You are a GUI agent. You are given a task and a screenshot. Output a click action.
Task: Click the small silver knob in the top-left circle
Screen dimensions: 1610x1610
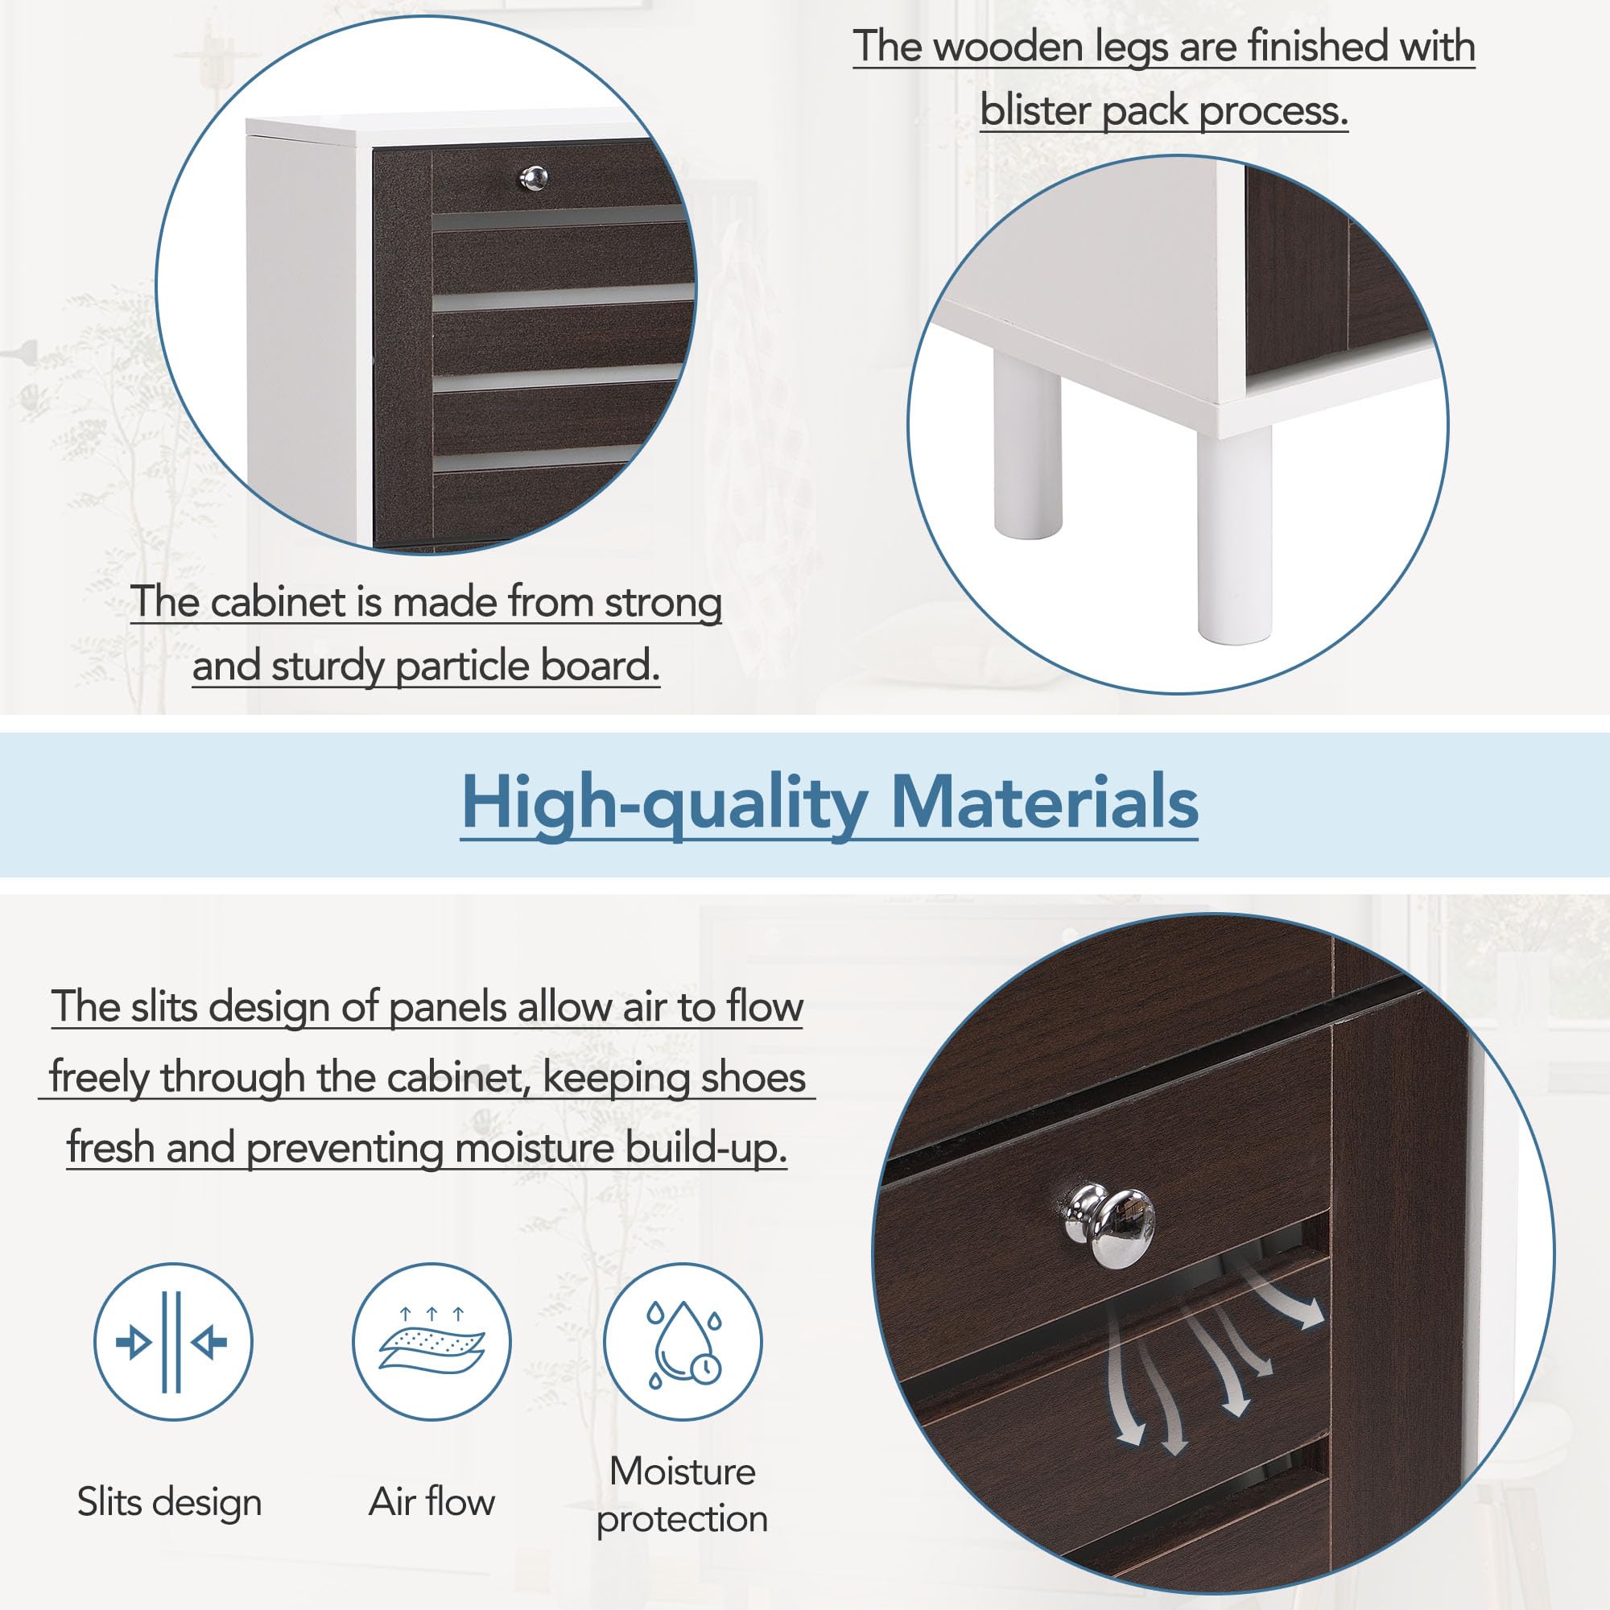[535, 177]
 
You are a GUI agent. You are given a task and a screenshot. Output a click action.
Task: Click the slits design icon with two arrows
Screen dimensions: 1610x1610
[172, 1342]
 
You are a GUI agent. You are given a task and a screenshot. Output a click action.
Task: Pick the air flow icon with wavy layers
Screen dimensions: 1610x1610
[431, 1342]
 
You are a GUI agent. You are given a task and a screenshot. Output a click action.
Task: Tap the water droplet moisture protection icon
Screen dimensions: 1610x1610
[683, 1342]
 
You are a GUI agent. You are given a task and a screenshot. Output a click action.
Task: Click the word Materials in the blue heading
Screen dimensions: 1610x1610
[1044, 803]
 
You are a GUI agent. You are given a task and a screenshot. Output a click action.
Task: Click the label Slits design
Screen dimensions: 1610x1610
[170, 1501]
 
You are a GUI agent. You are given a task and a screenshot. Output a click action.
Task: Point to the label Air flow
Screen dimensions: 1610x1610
[431, 1501]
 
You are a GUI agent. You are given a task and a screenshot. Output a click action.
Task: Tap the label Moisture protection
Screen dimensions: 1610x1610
[683, 1495]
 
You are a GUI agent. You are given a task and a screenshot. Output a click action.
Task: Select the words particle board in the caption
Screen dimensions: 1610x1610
[526, 666]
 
